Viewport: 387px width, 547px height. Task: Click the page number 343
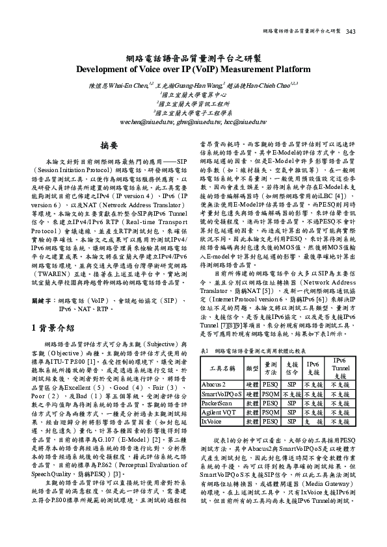351,31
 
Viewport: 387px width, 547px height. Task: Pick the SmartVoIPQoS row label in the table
220,394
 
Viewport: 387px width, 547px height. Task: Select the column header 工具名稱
222,368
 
